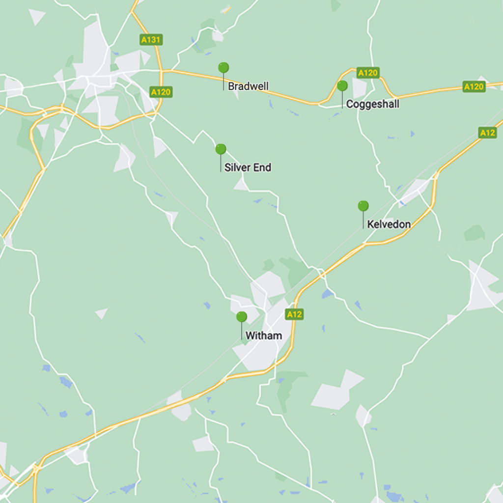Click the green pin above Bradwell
point(224,68)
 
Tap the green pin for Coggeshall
point(342,86)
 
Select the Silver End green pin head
point(221,149)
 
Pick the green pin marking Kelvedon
point(363,206)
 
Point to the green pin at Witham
point(241,317)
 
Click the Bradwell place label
point(248,87)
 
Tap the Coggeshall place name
point(372,105)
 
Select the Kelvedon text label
point(389,224)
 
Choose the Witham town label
point(264,336)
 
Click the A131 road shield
point(151,40)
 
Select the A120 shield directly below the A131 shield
point(161,92)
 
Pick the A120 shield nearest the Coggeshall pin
point(368,73)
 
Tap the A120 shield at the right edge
point(474,87)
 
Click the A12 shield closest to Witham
point(294,314)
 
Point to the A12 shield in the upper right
point(487,133)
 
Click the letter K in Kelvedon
point(370,224)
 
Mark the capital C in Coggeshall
point(350,105)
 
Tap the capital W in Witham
point(250,336)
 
